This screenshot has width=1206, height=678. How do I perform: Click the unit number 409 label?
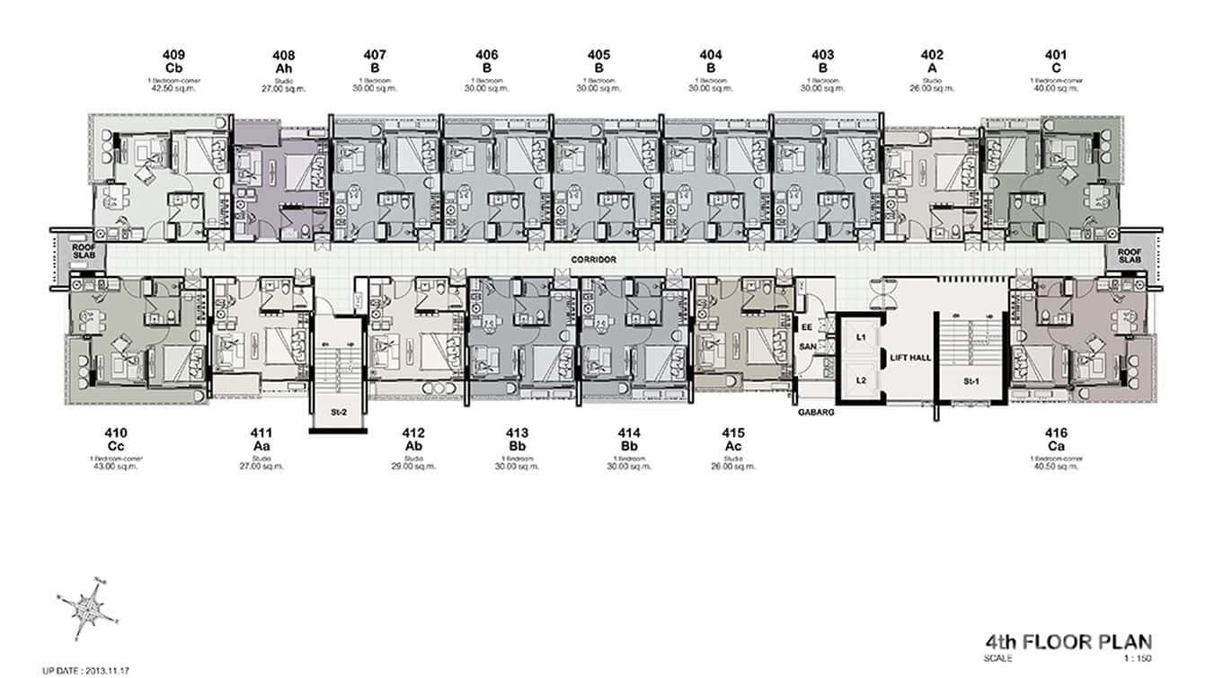(174, 55)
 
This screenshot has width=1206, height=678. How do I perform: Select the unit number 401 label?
(1056, 55)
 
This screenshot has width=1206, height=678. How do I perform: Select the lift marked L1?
(860, 335)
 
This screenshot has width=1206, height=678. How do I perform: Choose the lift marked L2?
(860, 380)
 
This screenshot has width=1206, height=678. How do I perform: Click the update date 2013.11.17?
(86, 670)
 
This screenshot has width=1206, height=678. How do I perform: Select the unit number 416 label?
(1056, 433)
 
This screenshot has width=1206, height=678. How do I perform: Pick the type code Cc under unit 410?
(115, 447)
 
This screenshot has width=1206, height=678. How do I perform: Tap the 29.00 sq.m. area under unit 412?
(413, 467)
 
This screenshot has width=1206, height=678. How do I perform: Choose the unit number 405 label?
(599, 55)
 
